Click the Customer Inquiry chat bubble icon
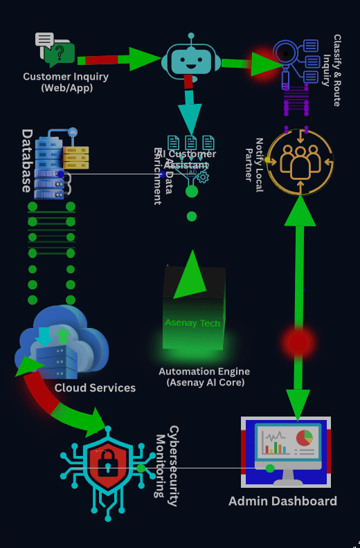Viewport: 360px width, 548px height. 55,49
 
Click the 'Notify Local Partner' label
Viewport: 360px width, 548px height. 254,160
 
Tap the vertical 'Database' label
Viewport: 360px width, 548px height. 27,160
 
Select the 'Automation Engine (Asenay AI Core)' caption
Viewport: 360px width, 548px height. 204,376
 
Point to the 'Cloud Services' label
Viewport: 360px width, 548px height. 95,387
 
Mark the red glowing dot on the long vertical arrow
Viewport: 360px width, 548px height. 298,342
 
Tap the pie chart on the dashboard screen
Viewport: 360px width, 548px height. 304,439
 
